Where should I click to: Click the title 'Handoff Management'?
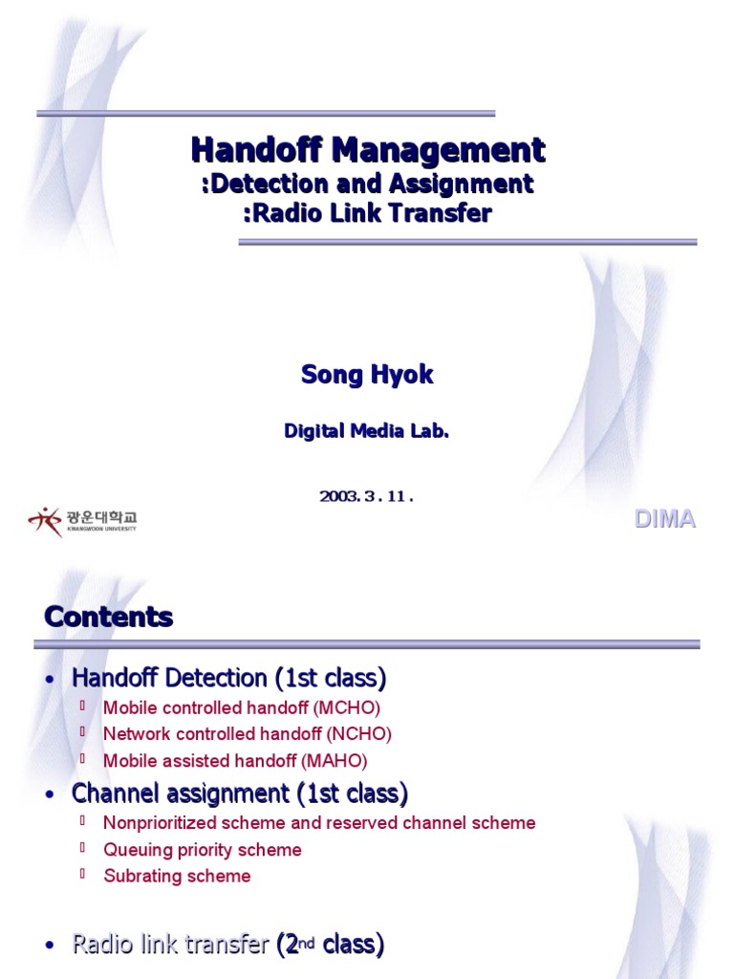368,150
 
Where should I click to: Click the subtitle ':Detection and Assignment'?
368,184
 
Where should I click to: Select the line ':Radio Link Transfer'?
368,213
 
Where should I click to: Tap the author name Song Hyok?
367,375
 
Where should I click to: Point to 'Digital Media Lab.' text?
367,431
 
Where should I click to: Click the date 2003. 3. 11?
367,495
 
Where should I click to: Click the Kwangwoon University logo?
82,520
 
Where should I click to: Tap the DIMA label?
666,520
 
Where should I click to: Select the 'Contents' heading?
108,617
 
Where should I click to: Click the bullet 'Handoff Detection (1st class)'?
229,679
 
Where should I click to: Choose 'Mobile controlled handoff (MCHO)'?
242,708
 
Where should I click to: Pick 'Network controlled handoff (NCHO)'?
248,734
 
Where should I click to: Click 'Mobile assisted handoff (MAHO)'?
235,761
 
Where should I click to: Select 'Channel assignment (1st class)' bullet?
240,793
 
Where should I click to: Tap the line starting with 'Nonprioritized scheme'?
319,823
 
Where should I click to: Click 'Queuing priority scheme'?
203,850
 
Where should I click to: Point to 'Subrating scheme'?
177,876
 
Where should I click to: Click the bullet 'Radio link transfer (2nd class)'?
227,946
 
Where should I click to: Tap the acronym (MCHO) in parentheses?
349,708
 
